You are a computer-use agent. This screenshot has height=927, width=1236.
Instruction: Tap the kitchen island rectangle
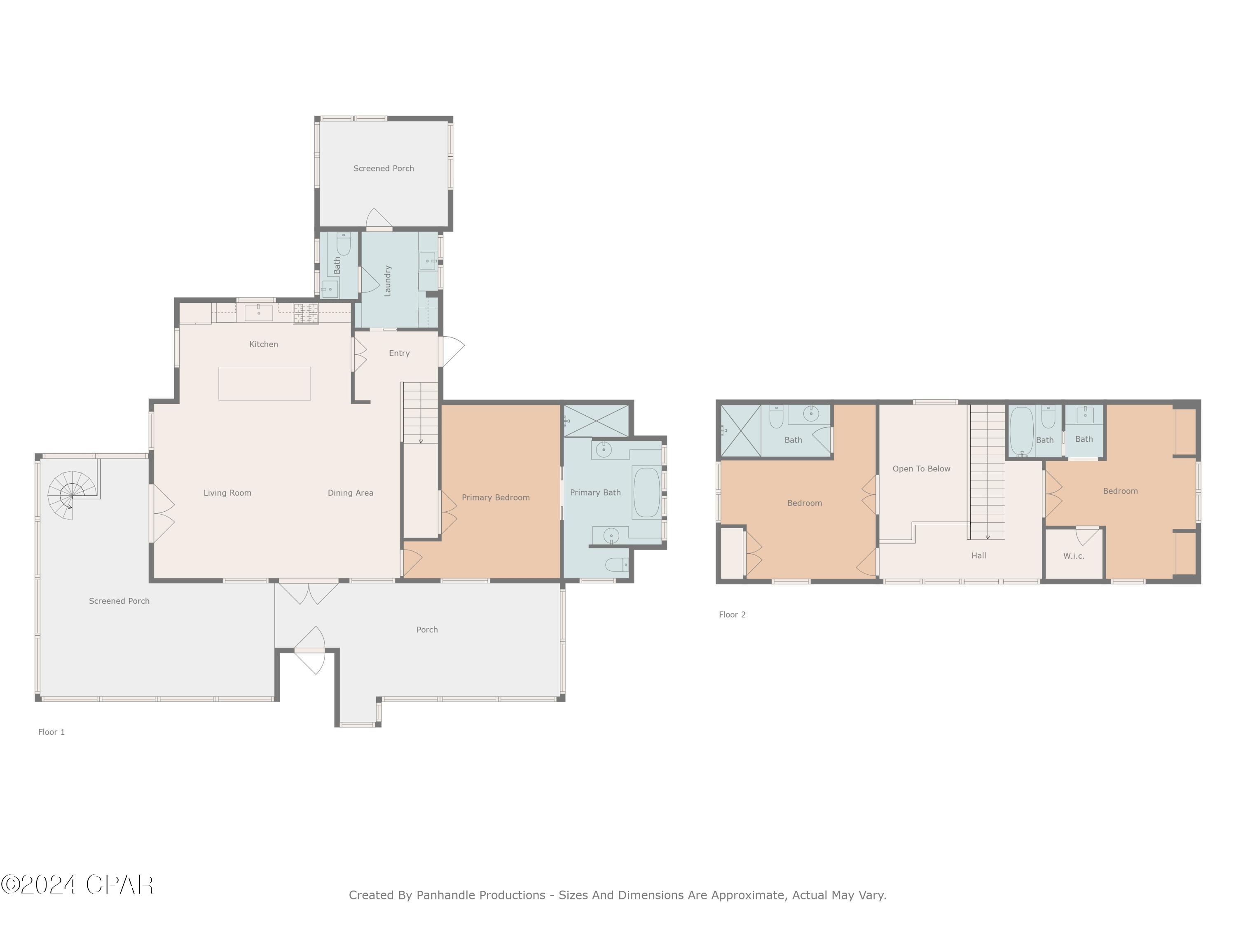tap(265, 383)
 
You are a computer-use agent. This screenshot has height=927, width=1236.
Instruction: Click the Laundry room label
tap(388, 281)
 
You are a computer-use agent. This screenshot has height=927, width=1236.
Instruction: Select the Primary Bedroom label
tap(496, 497)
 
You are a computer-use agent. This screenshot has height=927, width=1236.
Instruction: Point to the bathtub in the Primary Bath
tap(646, 492)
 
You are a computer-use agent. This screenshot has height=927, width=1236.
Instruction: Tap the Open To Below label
tap(921, 469)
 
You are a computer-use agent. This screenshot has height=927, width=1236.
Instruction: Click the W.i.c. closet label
tap(1073, 556)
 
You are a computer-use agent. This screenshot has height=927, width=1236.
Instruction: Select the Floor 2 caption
tap(732, 615)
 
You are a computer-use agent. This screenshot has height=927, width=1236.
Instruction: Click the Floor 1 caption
tap(51, 732)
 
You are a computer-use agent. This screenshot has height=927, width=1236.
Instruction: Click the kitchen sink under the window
tap(259, 312)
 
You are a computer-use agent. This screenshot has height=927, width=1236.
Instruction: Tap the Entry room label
tap(399, 353)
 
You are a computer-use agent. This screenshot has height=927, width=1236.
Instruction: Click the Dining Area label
tap(350, 493)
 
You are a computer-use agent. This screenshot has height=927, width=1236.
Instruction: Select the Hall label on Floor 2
tap(978, 555)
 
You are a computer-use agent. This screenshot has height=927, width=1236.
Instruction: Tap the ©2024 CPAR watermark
tap(77, 885)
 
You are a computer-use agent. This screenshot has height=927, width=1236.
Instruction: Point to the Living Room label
tap(227, 493)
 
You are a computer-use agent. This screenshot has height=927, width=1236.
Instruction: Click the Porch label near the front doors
tap(427, 630)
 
